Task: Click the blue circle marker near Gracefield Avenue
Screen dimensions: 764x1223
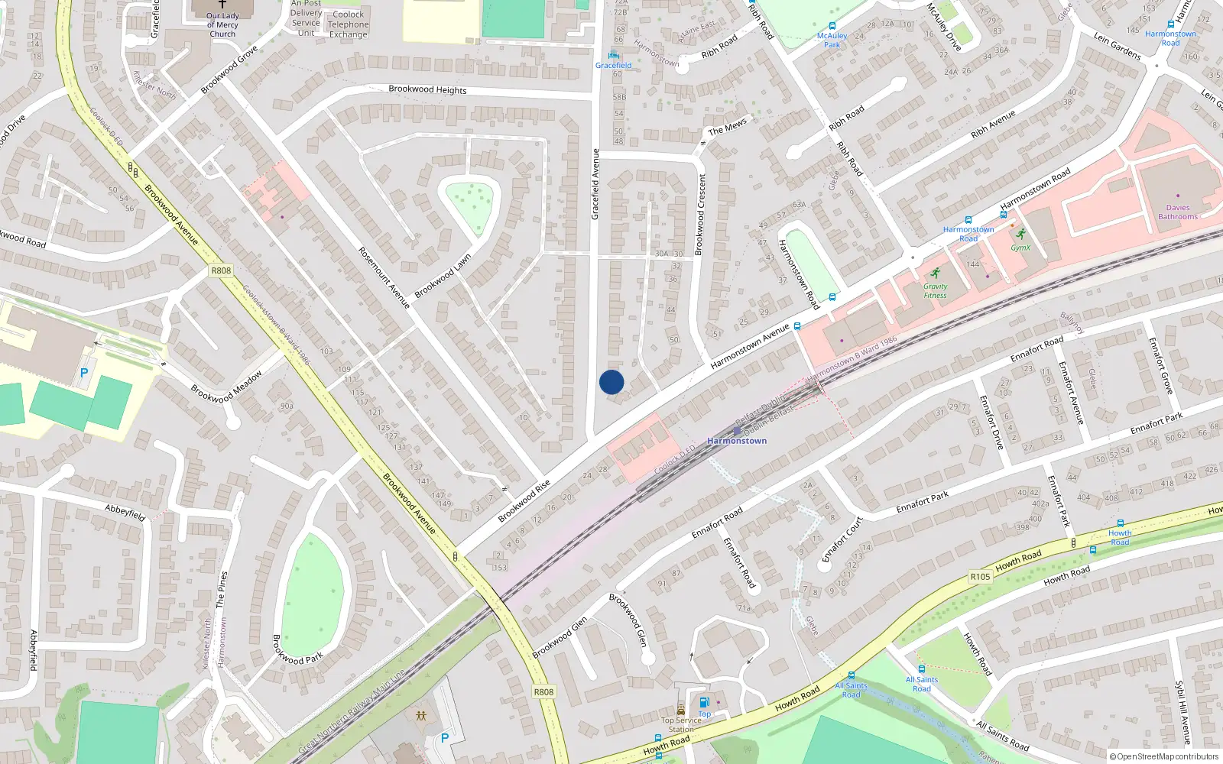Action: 611,382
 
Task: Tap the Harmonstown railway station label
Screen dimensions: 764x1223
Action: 737,441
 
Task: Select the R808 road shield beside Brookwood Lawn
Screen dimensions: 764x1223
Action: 220,270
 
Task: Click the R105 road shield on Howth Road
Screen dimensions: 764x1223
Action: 980,577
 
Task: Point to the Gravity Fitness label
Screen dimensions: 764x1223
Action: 935,291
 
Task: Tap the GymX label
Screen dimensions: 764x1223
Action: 1020,248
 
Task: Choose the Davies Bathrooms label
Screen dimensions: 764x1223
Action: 1177,212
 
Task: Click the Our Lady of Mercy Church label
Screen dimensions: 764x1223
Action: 222,24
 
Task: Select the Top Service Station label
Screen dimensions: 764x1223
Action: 681,724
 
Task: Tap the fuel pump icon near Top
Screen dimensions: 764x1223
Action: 704,702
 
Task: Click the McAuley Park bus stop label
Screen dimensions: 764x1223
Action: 832,40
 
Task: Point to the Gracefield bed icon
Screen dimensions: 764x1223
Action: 613,55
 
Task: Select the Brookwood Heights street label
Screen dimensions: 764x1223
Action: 427,89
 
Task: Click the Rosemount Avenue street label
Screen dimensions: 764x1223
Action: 384,277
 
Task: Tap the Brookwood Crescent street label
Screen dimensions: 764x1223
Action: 700,214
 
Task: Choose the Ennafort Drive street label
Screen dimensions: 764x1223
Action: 991,423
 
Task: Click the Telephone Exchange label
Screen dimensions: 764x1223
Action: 348,24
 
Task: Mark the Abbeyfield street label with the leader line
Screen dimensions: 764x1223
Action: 125,512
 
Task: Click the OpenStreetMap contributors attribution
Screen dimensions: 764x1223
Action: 1164,756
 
